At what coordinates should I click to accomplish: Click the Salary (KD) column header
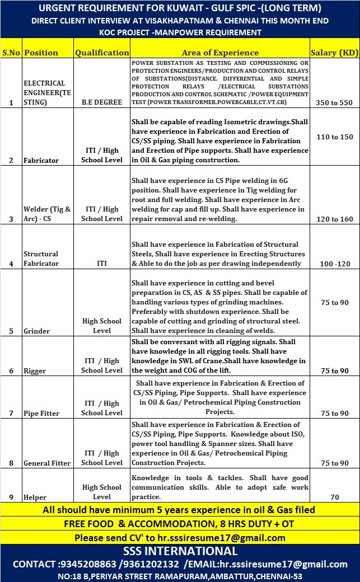coord(334,53)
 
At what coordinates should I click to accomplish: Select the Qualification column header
coord(102,53)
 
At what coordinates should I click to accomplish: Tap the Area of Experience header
coord(220,53)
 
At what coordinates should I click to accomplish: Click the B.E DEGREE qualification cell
coord(101,103)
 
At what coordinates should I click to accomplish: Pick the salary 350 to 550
coord(334,103)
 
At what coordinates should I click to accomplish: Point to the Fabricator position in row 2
coord(41,161)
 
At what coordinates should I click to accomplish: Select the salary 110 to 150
coord(334,137)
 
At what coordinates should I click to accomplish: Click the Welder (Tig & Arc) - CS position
coord(47,214)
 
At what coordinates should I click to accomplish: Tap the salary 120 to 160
coord(334,219)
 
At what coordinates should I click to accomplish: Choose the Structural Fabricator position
coord(41,259)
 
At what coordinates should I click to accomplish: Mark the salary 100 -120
coord(334,263)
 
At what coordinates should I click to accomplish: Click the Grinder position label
coord(36,331)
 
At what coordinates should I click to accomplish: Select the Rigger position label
coord(35,371)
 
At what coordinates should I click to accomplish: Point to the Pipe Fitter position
coord(41,414)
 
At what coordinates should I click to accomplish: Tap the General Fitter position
coord(47,463)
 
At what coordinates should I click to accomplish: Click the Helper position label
coord(35,497)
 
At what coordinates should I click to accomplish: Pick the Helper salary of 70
coord(335,497)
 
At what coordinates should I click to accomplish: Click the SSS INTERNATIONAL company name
coord(180,551)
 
